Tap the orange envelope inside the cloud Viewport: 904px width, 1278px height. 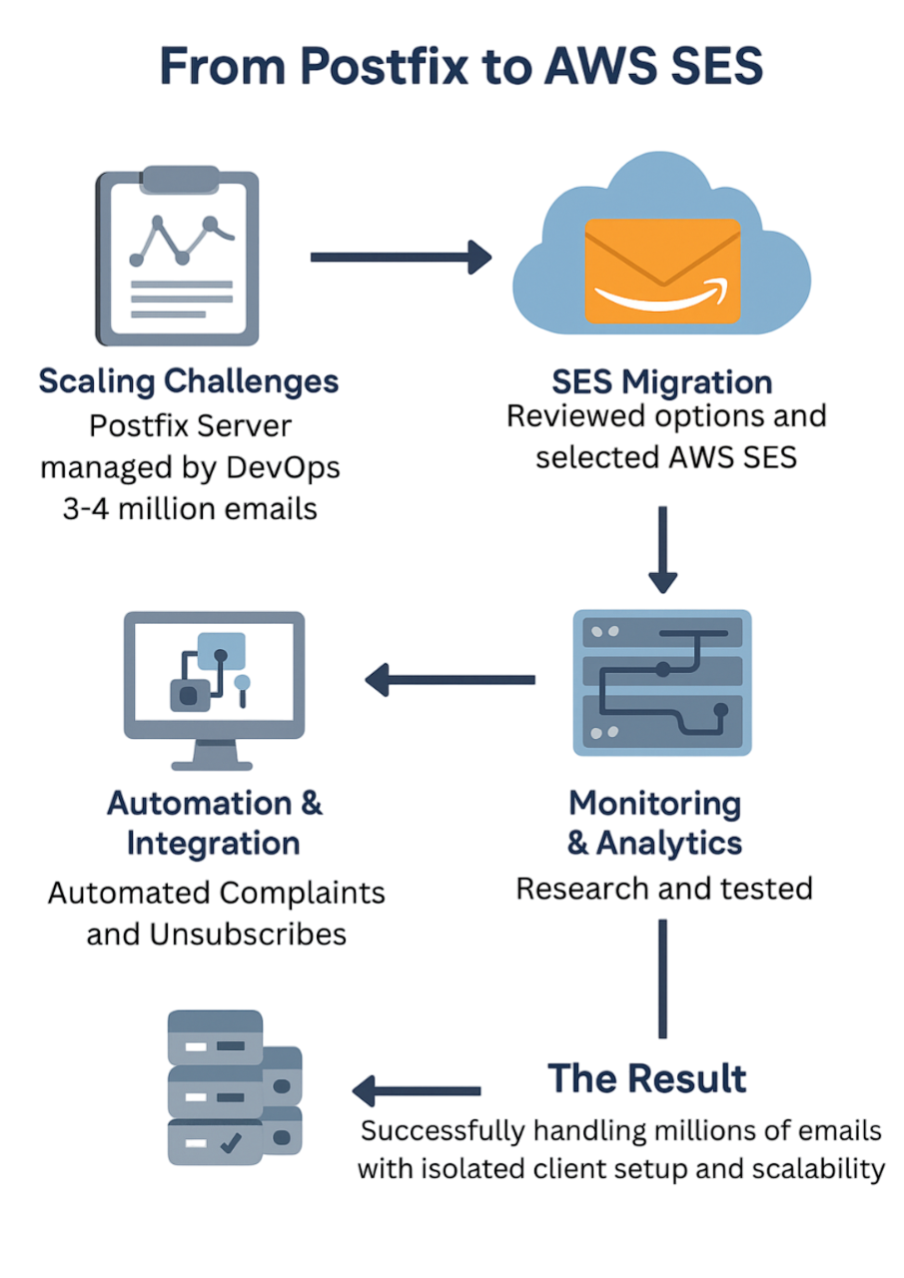(662, 271)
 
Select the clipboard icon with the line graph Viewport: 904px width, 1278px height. (177, 254)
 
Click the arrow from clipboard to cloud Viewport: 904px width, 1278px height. (401, 258)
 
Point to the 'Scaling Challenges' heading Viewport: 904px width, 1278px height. (189, 381)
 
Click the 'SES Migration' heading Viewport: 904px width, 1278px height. (661, 381)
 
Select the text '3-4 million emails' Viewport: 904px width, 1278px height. (189, 509)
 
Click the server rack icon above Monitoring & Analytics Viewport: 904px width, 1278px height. (662, 681)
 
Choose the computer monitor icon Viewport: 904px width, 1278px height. (214, 689)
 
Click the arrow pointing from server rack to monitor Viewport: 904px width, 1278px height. (450, 681)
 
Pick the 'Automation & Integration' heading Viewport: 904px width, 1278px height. (214, 823)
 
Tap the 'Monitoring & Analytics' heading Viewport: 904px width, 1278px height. (655, 823)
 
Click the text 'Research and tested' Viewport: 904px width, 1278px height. (663, 888)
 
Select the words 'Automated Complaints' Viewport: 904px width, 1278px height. (217, 892)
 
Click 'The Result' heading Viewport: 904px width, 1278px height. (646, 1078)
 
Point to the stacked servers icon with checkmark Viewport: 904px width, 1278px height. (234, 1087)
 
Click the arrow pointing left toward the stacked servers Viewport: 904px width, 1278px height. (417, 1090)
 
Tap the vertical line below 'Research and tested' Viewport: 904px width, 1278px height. (662, 978)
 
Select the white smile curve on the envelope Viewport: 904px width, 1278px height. (662, 296)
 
